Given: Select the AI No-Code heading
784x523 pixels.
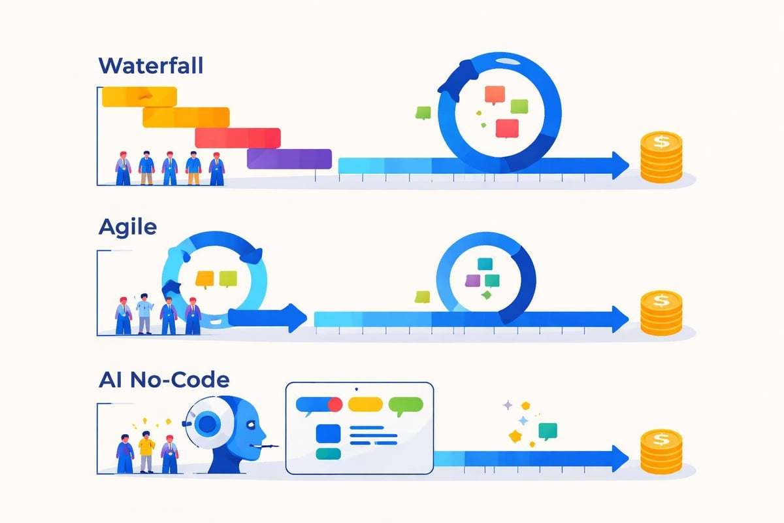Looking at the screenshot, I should click(x=163, y=380).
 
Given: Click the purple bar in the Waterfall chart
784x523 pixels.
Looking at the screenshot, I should click(x=289, y=159).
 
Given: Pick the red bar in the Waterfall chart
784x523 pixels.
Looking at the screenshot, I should click(x=238, y=137).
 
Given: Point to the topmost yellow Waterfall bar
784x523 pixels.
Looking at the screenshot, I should click(x=140, y=95).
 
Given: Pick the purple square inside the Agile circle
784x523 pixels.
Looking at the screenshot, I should click(x=473, y=280).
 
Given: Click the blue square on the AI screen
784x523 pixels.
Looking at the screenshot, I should click(x=327, y=433).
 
